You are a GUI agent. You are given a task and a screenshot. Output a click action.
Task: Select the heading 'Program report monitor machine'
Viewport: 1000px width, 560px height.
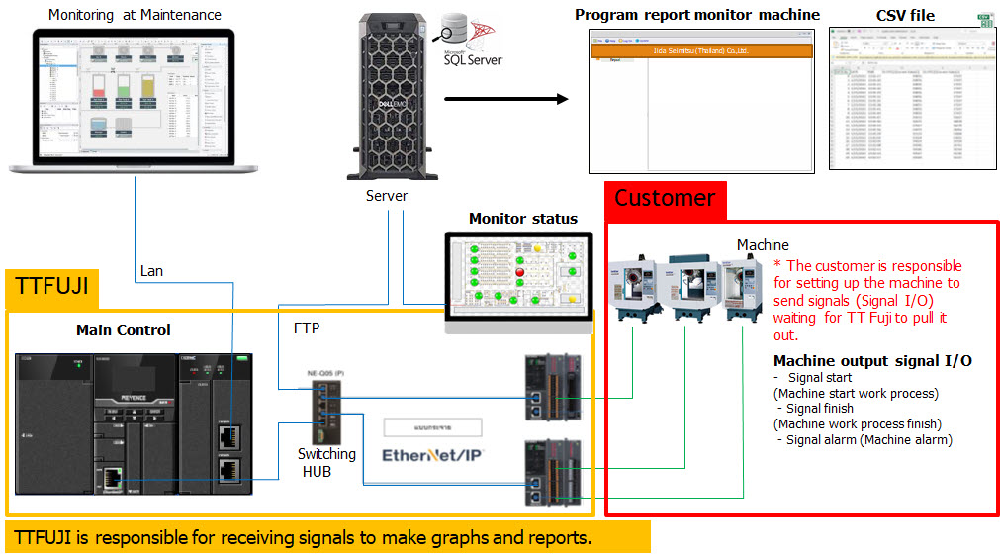click(x=697, y=15)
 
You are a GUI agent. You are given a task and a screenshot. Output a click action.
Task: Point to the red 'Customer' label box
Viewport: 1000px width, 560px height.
click(x=665, y=198)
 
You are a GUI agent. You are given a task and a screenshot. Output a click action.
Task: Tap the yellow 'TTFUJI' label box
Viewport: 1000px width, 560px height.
click(x=52, y=287)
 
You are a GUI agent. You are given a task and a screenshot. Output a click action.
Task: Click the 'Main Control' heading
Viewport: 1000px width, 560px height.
click(x=123, y=329)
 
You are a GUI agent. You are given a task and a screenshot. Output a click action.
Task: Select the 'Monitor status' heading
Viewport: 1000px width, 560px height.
click(x=522, y=219)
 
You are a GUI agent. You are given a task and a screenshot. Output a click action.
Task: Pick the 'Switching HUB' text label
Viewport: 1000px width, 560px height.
click(x=326, y=463)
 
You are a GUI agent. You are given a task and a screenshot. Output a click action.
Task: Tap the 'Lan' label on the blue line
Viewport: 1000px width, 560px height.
click(x=151, y=270)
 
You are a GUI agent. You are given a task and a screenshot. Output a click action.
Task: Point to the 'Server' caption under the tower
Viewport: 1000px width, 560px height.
click(x=386, y=196)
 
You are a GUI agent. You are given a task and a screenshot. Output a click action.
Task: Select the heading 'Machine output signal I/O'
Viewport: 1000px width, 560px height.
click(x=871, y=361)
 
